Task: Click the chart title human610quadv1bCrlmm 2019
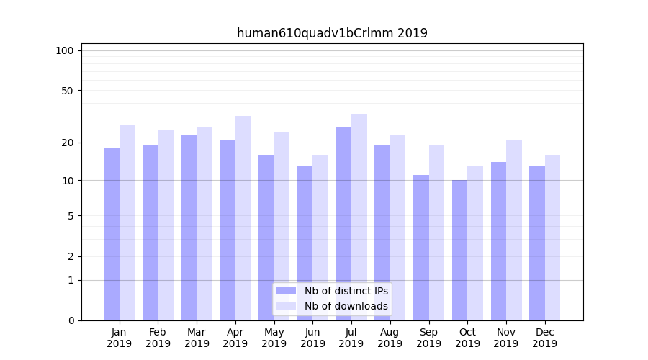(x=332, y=33)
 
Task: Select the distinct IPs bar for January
(x=112, y=234)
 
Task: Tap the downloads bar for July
(x=359, y=216)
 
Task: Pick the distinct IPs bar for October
(x=459, y=250)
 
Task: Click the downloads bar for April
(x=243, y=217)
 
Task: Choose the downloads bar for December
(x=552, y=237)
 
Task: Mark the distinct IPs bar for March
(x=189, y=227)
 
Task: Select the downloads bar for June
(x=320, y=237)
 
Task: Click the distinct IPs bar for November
(x=498, y=240)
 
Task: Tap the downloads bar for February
(x=166, y=225)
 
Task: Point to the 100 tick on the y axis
(x=65, y=50)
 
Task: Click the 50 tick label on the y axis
(x=68, y=91)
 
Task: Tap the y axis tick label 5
(x=71, y=216)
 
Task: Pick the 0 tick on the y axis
(x=71, y=320)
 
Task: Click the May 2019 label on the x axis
(x=274, y=338)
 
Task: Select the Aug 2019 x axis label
(x=390, y=338)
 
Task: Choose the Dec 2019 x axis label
(x=544, y=338)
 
